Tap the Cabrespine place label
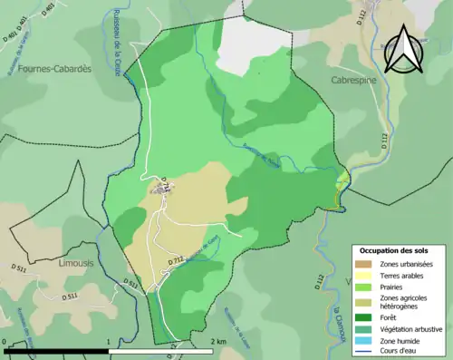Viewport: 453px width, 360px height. point(354,80)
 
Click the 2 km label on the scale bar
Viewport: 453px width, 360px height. point(217,343)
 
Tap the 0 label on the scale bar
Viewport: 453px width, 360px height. point(6,343)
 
